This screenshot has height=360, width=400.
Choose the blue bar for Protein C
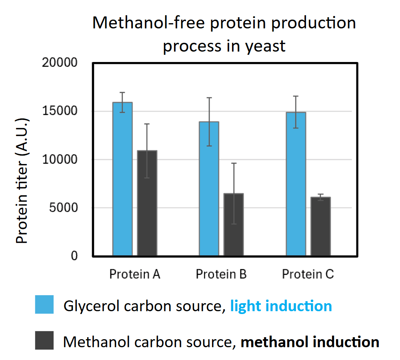click(x=296, y=184)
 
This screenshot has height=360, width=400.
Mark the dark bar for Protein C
click(x=321, y=226)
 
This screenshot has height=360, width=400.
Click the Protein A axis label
click(x=135, y=274)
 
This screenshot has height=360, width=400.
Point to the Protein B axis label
click(x=221, y=274)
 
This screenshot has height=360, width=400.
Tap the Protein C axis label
click(x=308, y=274)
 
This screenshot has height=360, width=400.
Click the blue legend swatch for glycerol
click(x=44, y=305)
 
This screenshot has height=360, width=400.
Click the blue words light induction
click(x=281, y=306)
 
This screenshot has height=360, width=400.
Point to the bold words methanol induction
click(x=310, y=342)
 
